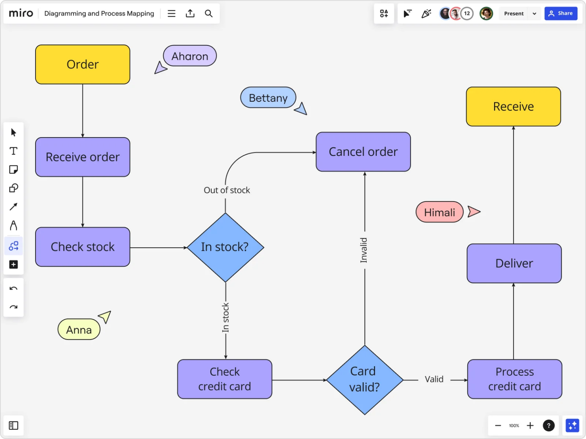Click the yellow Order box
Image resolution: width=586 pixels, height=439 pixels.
82,64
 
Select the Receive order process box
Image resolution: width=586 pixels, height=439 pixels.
82,157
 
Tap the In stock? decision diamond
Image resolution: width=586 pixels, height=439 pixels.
225,247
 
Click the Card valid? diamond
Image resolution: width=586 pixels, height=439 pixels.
364,380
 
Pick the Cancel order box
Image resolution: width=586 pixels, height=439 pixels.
363,152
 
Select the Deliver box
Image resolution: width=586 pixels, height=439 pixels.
514,263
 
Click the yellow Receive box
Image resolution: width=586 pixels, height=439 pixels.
513,106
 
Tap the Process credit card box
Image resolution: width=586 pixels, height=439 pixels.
514,379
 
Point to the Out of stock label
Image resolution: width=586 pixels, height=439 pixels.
227,190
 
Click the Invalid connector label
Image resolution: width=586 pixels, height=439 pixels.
364,250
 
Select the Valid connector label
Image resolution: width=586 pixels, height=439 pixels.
434,380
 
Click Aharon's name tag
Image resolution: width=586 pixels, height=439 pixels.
190,56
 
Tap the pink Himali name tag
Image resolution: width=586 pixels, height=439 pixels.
439,212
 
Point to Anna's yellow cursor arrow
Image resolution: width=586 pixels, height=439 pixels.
105,316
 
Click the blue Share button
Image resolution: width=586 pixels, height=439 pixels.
560,13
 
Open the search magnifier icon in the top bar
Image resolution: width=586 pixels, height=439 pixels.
209,14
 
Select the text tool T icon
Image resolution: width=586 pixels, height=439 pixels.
13,151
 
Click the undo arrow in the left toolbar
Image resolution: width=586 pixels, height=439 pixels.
13,288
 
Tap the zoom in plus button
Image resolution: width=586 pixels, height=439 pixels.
530,426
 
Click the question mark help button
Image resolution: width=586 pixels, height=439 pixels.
548,426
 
